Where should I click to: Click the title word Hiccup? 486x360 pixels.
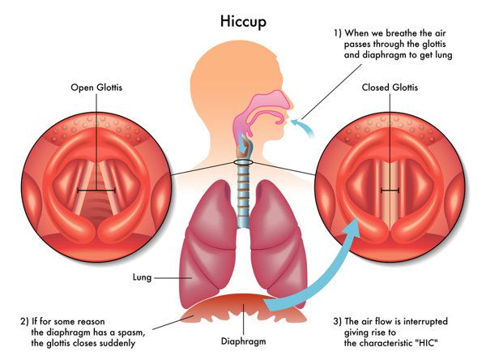(x=243, y=22)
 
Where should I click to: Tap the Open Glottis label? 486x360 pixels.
(x=96, y=88)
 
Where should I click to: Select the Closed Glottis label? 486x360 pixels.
(x=390, y=88)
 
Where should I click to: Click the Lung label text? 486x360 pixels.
(x=142, y=277)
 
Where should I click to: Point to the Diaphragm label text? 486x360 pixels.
(x=243, y=341)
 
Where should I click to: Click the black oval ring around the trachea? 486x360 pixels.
(x=243, y=162)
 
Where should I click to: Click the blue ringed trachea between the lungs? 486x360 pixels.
(x=243, y=195)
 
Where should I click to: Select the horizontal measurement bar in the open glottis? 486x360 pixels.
(x=96, y=191)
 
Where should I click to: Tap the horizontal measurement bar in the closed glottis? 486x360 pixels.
(x=390, y=191)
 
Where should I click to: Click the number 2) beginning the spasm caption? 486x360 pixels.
(x=24, y=322)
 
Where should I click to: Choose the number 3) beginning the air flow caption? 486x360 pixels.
(x=338, y=322)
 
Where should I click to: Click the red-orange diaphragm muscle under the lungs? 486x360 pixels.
(x=243, y=307)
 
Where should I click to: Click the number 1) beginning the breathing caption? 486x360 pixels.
(x=338, y=33)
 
